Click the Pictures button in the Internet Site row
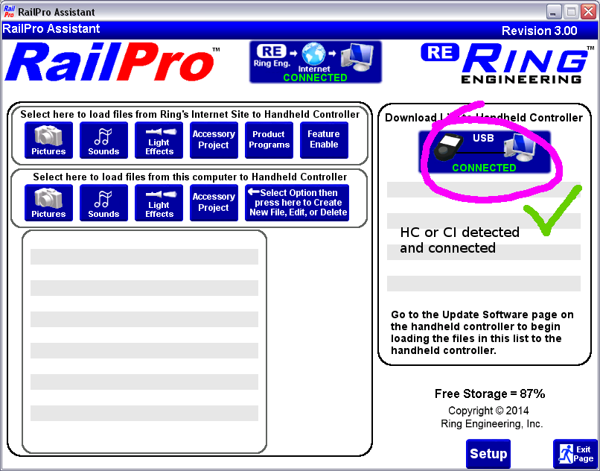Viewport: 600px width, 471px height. coord(48,140)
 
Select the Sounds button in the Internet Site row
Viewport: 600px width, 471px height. coord(103,140)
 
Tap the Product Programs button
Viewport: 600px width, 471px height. coord(269,140)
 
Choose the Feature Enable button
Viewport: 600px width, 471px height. coord(324,140)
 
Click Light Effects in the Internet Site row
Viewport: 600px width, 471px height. coord(159,140)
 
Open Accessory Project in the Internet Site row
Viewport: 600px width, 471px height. coord(214,140)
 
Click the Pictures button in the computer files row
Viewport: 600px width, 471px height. coord(48,203)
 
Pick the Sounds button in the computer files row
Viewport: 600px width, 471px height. coord(103,203)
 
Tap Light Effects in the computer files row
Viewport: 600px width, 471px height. coord(159,203)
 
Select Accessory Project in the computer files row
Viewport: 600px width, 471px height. coord(214,203)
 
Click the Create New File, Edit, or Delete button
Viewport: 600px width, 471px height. coord(296,203)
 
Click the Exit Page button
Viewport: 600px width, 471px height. coord(575,454)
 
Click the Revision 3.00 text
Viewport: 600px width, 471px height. coord(539,31)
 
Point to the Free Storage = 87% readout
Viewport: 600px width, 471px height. coord(490,393)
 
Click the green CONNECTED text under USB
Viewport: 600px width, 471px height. coord(484,168)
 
